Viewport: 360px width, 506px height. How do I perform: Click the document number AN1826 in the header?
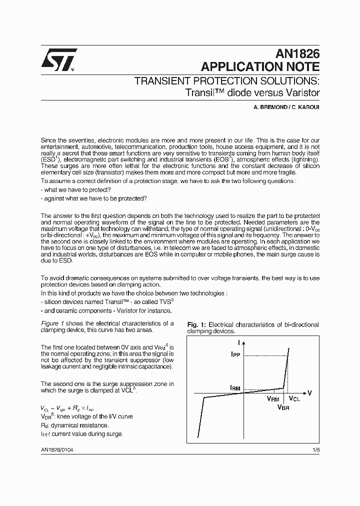coord(297,55)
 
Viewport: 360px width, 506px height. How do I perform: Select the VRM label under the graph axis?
coord(273,399)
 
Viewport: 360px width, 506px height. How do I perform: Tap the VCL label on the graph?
coord(294,399)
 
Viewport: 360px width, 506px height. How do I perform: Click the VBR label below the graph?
coord(283,407)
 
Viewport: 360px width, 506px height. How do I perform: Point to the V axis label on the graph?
coord(309,393)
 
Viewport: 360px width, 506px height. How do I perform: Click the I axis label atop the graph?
coord(239,342)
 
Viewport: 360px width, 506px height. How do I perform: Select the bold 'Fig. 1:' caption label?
coord(196,324)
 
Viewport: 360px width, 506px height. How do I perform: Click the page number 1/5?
coord(315,450)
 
